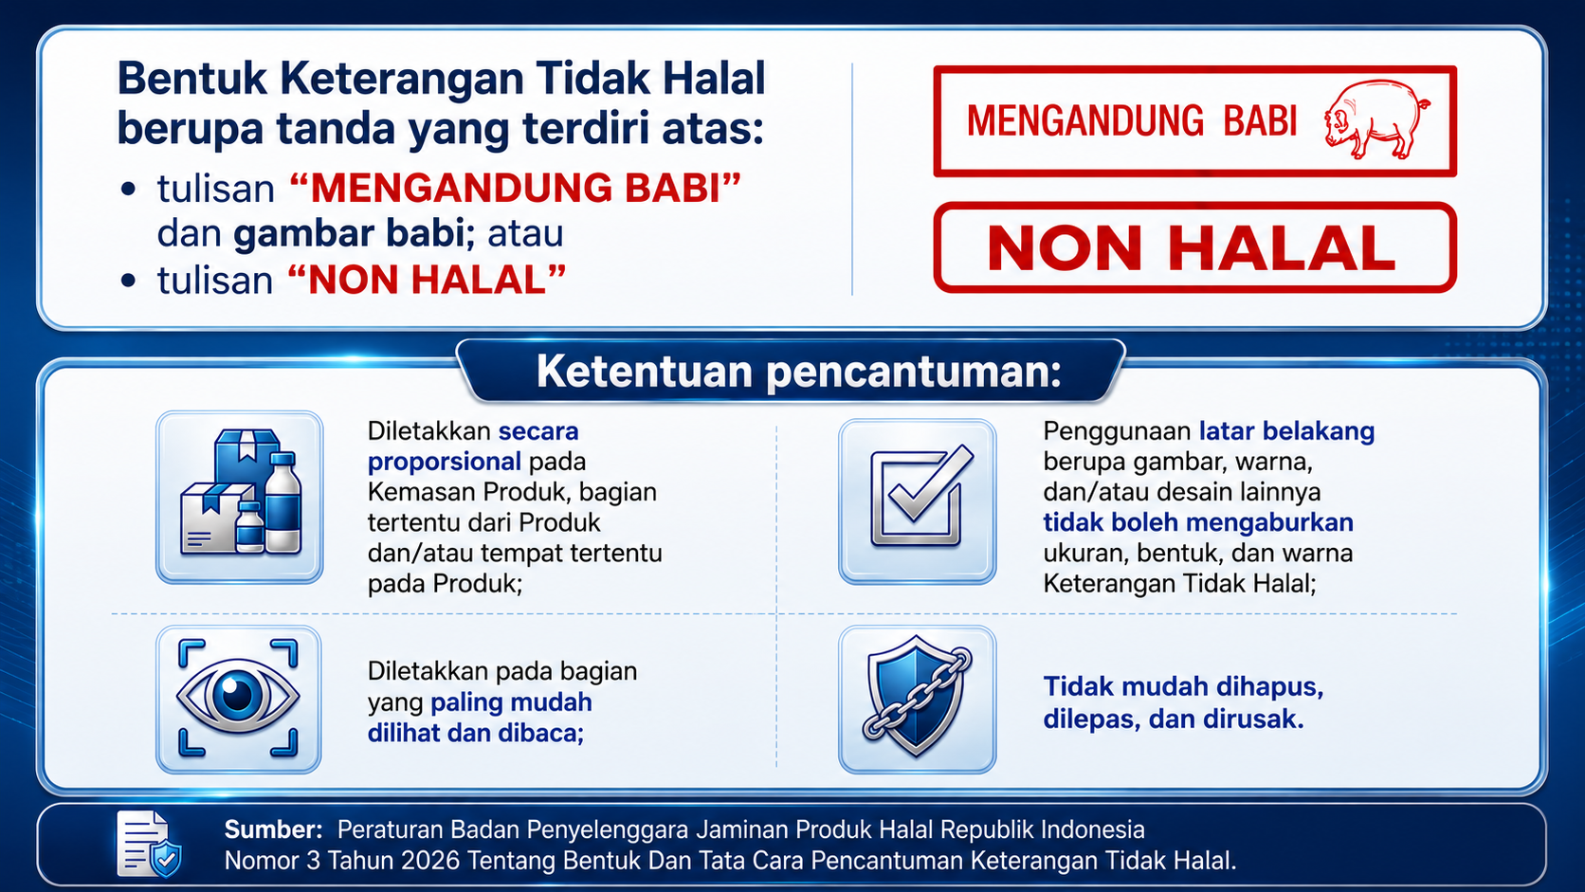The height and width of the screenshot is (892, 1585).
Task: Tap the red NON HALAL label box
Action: [x=1194, y=247]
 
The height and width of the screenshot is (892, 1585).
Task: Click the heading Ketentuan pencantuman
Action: [x=799, y=372]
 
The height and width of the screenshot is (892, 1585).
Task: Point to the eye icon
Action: [x=239, y=698]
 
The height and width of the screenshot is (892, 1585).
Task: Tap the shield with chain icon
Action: [x=917, y=697]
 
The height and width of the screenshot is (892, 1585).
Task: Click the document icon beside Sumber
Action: [x=148, y=844]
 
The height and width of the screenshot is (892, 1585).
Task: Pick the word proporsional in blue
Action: [x=445, y=462]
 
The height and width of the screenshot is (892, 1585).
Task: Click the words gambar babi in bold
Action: [x=354, y=233]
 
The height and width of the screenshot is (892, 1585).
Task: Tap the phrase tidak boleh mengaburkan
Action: [x=1198, y=522]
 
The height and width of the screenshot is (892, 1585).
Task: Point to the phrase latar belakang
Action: [x=1286, y=430]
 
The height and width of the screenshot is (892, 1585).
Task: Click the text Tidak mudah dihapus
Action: [x=1183, y=686]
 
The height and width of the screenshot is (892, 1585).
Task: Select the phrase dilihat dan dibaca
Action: [x=476, y=733]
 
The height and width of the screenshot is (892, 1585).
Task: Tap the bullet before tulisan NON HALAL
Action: [x=128, y=281]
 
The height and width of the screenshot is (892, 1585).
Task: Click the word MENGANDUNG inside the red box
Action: [x=1084, y=121]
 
